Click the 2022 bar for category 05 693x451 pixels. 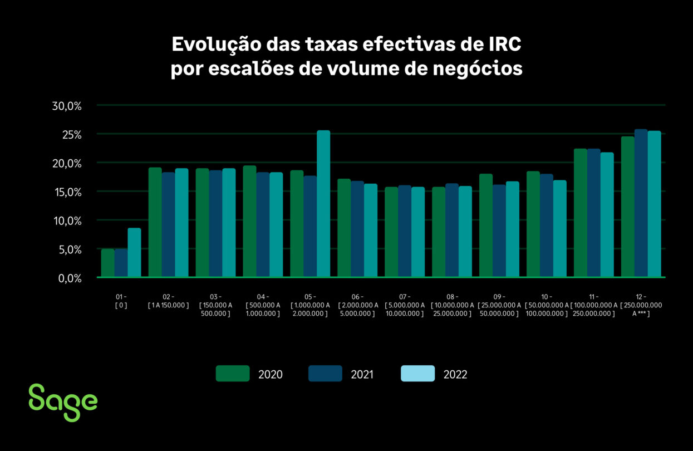323,204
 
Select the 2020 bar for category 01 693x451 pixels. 107,263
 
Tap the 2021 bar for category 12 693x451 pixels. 641,203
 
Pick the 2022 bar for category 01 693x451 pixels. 134,252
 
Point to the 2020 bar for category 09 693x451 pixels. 486,225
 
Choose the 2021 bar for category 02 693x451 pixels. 168,224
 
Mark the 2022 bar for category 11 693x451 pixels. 607,214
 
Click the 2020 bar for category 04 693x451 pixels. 249,221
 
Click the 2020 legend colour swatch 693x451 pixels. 233,374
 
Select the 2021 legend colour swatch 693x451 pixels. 325,374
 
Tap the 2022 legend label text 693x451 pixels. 455,374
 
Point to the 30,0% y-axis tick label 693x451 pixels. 67,106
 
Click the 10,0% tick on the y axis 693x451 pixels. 67,221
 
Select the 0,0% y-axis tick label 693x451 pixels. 70,278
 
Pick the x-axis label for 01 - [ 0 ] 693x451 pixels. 121,301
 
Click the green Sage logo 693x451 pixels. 63,401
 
